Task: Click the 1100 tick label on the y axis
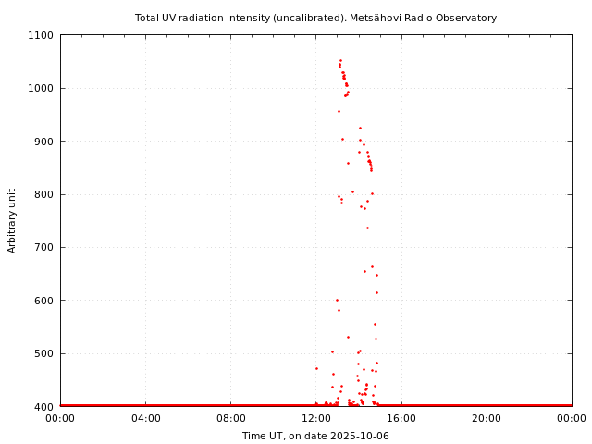41,35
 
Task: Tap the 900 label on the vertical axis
43,142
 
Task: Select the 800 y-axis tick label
43,194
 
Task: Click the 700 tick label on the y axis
43,248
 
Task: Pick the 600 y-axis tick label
43,301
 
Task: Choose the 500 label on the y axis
43,353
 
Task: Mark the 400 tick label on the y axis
43,407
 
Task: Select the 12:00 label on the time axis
316,419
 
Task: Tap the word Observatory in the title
467,18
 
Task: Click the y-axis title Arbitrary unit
13,220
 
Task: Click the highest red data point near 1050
340,61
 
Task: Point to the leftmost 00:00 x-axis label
60,419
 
